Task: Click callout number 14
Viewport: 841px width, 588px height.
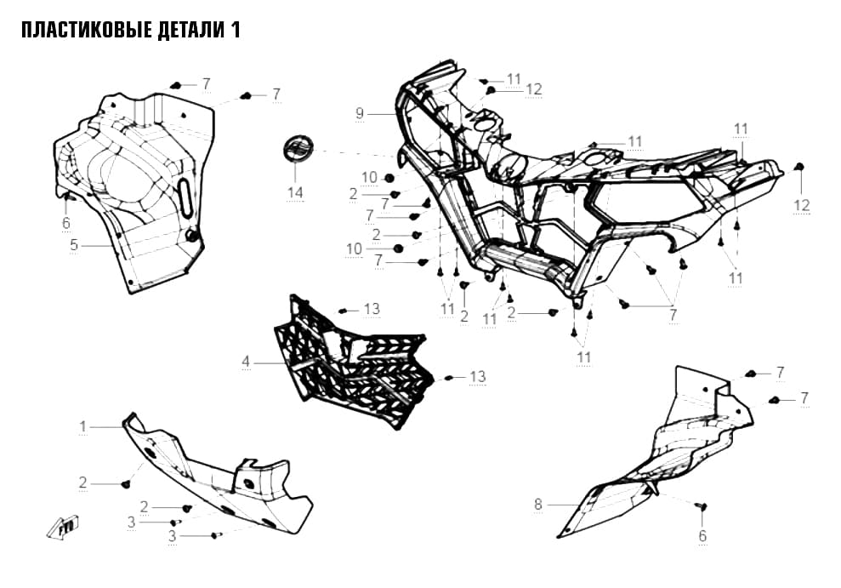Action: (295, 192)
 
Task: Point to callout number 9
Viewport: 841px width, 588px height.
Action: (360, 113)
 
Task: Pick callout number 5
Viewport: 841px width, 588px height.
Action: (74, 245)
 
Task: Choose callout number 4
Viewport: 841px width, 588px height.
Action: (246, 363)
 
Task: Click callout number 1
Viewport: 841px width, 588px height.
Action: (83, 426)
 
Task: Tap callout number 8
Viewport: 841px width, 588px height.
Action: (538, 505)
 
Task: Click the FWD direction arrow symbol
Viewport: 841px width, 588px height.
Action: (63, 527)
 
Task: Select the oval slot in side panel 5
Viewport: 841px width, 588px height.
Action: (185, 198)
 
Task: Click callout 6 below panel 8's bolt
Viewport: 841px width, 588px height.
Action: (702, 535)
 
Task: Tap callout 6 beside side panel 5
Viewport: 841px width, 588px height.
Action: (66, 223)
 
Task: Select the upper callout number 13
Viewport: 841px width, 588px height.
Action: (372, 309)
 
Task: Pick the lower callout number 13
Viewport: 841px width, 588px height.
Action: (477, 377)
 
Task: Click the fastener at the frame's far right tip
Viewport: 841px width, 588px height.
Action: (799, 166)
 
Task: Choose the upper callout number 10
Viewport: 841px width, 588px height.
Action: (370, 178)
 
